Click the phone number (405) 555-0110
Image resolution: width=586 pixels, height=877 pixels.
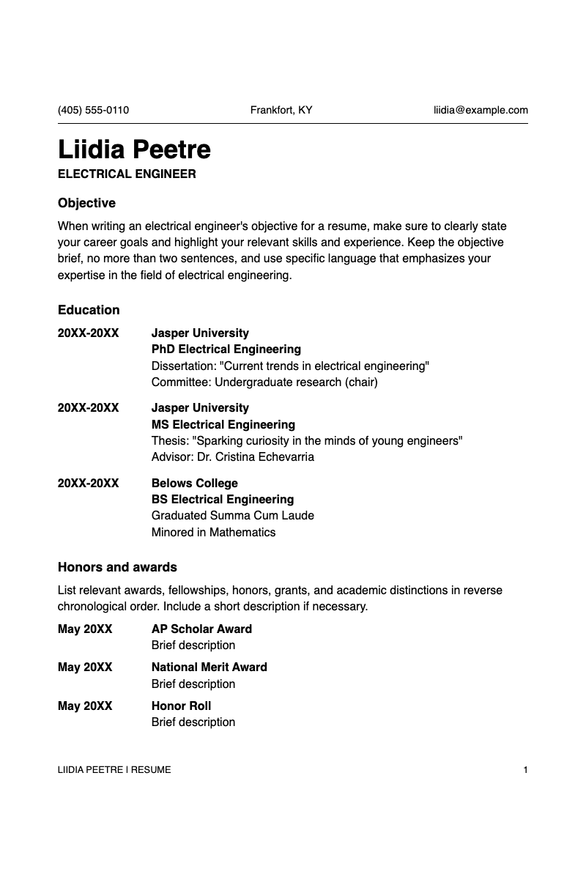click(x=93, y=111)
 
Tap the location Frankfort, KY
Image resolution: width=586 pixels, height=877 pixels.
click(x=281, y=111)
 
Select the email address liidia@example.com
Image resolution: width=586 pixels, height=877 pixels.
click(x=481, y=111)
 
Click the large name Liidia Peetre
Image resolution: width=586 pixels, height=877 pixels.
click(x=134, y=149)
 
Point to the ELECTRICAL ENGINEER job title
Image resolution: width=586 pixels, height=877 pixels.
click(x=127, y=174)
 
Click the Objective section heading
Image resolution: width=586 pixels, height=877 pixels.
click(x=86, y=203)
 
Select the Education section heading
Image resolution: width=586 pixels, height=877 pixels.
click(x=89, y=310)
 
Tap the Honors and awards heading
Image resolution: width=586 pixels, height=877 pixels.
click(x=117, y=567)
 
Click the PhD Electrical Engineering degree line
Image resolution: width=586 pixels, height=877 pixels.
click(x=226, y=349)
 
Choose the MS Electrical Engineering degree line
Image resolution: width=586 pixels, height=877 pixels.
click(x=223, y=424)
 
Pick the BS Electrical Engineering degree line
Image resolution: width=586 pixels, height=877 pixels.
click(x=223, y=500)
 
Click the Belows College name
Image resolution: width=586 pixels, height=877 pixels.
click(x=194, y=483)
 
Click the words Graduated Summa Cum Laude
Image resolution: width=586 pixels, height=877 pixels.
click(x=232, y=516)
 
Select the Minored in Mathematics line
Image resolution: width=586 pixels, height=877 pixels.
click(x=213, y=533)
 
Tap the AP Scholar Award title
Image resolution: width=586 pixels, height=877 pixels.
click(x=201, y=629)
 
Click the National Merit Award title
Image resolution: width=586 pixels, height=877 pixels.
click(x=209, y=667)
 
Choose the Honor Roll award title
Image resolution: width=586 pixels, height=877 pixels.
click(x=181, y=706)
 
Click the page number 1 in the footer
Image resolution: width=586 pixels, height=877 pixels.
click(x=525, y=770)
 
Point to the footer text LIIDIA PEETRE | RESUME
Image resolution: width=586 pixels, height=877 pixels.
click(x=114, y=770)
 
